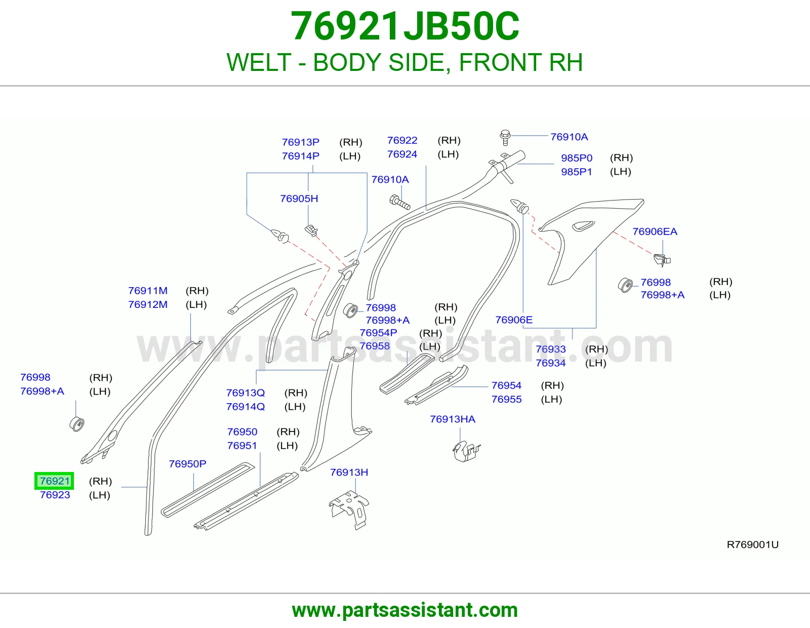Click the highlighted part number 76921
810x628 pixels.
tap(55, 481)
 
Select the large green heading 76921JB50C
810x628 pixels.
tap(405, 26)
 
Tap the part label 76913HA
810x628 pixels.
tap(453, 419)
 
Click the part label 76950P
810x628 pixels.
tap(187, 463)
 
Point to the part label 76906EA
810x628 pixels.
tap(655, 231)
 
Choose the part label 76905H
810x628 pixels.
tap(299, 199)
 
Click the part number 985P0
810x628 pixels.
tap(577, 158)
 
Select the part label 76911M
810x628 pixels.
tap(148, 291)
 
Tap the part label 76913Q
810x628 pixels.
tap(245, 392)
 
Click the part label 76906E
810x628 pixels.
tap(514, 320)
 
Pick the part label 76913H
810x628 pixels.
tap(349, 472)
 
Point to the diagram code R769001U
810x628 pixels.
tap(753, 545)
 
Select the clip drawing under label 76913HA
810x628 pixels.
tap(466, 451)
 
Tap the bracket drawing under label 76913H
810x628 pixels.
tap(349, 509)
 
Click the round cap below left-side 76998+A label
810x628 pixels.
tap(77, 424)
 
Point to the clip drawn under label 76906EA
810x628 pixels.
tap(662, 260)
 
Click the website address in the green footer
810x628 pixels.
tap(405, 610)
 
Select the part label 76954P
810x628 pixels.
tap(378, 333)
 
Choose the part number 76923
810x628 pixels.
tap(55, 495)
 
